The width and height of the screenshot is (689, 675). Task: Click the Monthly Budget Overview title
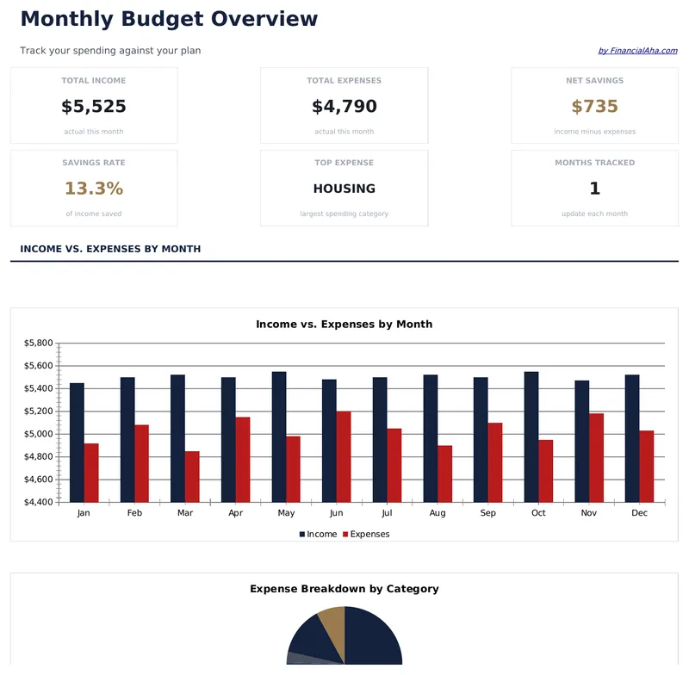[x=169, y=19]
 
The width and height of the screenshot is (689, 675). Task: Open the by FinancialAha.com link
[x=637, y=51]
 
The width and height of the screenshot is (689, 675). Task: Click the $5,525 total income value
[x=94, y=107]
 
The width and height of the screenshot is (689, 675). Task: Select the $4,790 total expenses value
[x=344, y=107]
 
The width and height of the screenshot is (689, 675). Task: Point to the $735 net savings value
[x=594, y=107]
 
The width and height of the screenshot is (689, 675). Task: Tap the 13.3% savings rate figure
[x=94, y=189]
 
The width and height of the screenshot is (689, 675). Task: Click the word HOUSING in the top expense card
[x=344, y=189]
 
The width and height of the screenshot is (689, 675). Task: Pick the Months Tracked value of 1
[x=594, y=189]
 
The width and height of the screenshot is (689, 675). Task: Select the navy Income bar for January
[x=77, y=443]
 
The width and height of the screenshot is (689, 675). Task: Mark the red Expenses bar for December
[x=647, y=466]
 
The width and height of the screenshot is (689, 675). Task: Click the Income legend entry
[x=318, y=535]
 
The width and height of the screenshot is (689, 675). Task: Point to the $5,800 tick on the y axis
[x=39, y=343]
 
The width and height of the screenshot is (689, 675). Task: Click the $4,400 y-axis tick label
[x=39, y=502]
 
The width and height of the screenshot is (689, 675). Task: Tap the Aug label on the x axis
[x=438, y=513]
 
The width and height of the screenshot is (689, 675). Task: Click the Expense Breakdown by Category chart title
[x=344, y=589]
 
